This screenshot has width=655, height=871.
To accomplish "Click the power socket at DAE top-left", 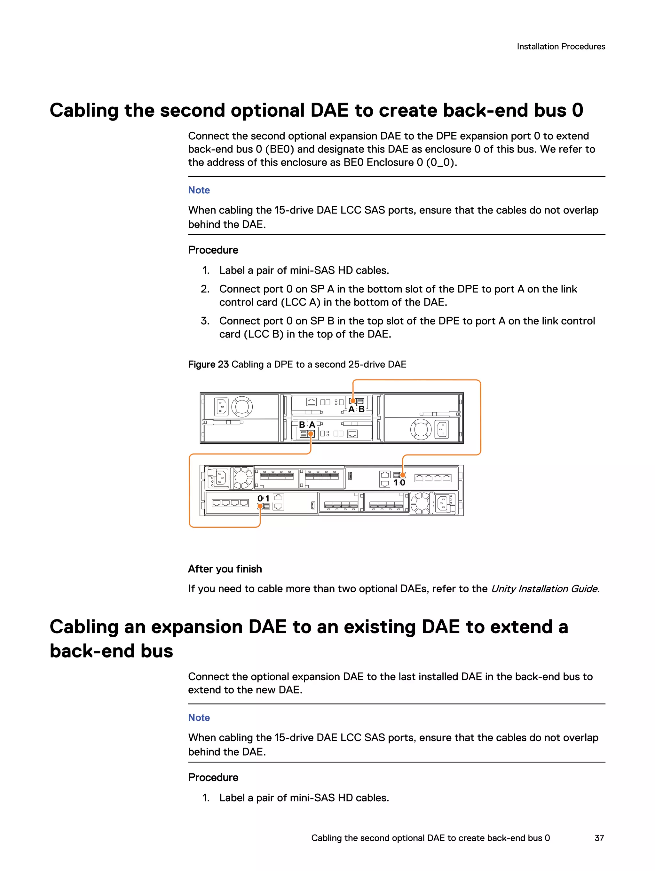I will click(x=221, y=407).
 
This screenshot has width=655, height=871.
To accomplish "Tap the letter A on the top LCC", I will click(x=351, y=409).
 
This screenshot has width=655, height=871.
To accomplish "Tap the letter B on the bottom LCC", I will click(x=302, y=425).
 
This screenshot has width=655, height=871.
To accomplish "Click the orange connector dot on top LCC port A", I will click(x=353, y=401).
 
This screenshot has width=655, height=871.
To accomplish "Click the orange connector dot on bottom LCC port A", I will click(x=311, y=434).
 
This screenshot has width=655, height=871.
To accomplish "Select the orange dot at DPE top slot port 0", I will click(x=403, y=475).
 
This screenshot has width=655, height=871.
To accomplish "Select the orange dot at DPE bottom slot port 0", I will click(x=260, y=506).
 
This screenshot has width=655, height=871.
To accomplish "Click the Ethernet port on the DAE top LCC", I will click(x=311, y=402).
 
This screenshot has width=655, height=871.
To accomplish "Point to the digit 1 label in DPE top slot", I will click(x=396, y=483).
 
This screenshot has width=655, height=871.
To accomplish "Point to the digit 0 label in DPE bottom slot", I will click(x=260, y=499).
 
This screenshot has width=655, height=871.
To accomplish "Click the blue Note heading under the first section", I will click(x=199, y=190).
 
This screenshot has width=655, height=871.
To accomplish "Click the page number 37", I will click(x=599, y=838).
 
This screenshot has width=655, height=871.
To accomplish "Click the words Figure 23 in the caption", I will click(x=208, y=365).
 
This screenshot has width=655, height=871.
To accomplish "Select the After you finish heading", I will click(x=225, y=569).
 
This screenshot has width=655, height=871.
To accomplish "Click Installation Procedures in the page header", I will click(x=561, y=46).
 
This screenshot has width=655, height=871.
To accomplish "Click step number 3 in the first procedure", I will click(x=205, y=321).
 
